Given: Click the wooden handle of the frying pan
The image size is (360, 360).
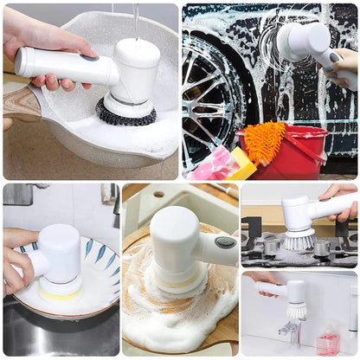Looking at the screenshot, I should (x=19, y=103).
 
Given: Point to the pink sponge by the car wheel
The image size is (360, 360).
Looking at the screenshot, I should (x=212, y=164).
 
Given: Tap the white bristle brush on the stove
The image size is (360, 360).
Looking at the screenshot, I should (x=299, y=240).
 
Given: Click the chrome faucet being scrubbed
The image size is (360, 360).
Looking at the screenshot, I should (x=291, y=331).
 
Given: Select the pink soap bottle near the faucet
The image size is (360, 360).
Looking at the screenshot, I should (x=327, y=342).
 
